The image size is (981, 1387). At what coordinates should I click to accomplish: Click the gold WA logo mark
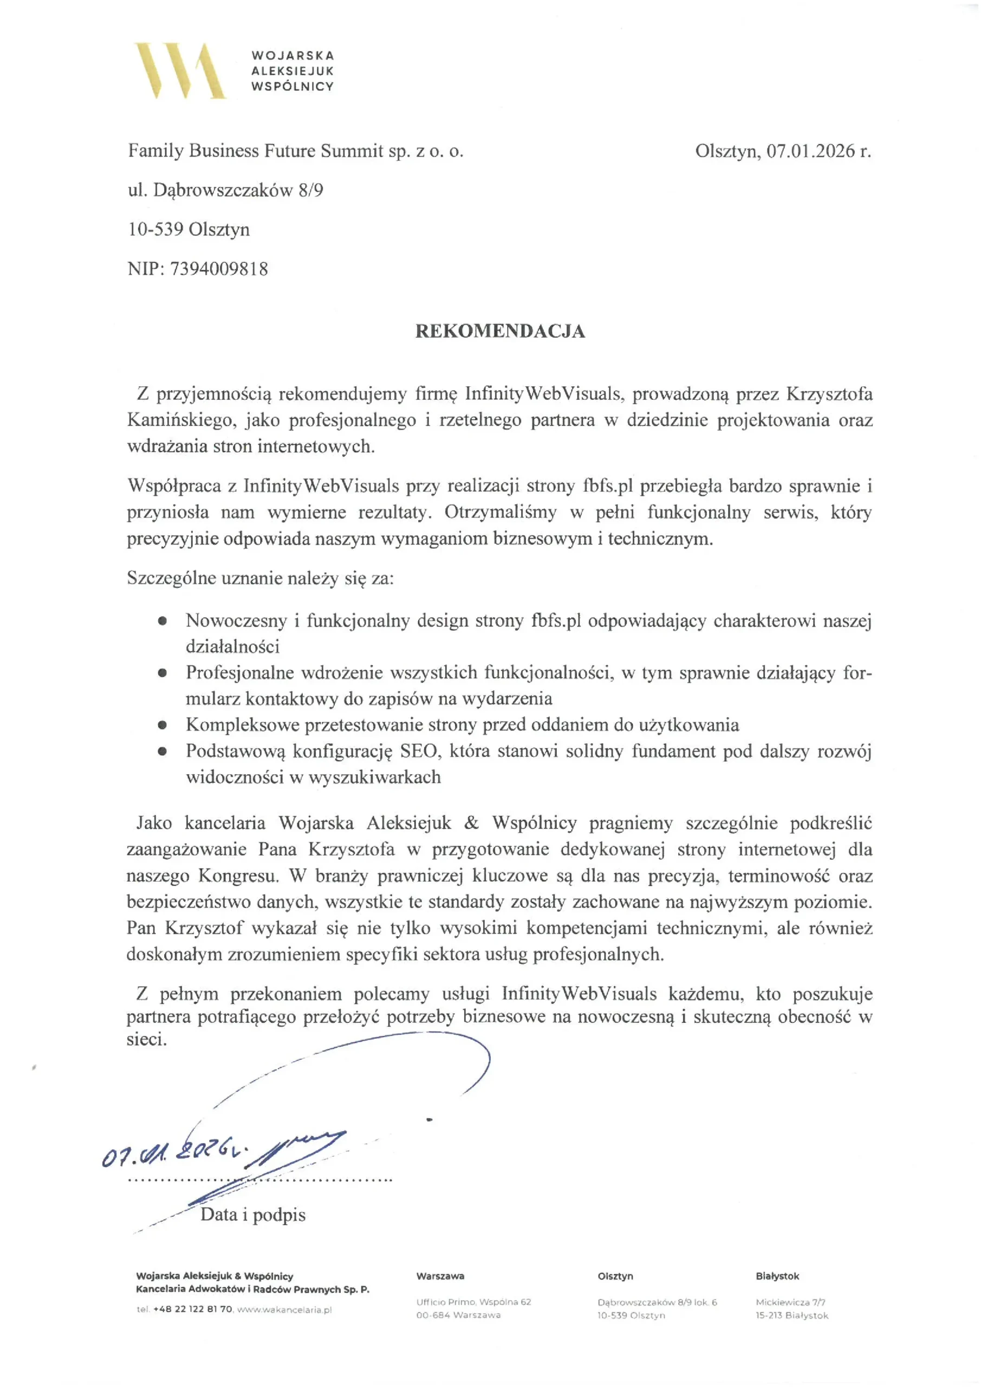click(180, 70)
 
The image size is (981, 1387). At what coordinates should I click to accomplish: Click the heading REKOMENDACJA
click(499, 331)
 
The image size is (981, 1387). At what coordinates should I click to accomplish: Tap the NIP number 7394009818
click(219, 269)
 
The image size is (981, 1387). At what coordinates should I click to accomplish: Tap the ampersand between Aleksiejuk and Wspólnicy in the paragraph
click(471, 823)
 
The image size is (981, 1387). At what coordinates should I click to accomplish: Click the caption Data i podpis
click(252, 1215)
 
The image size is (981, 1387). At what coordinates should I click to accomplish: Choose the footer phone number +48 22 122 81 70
click(193, 1310)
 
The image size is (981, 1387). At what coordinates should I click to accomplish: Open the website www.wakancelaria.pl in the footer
click(284, 1310)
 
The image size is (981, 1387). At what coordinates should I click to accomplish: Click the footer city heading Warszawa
click(440, 1276)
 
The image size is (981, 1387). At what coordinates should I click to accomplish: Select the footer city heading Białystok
click(777, 1276)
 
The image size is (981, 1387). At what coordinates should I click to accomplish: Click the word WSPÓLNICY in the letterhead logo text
click(293, 86)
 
